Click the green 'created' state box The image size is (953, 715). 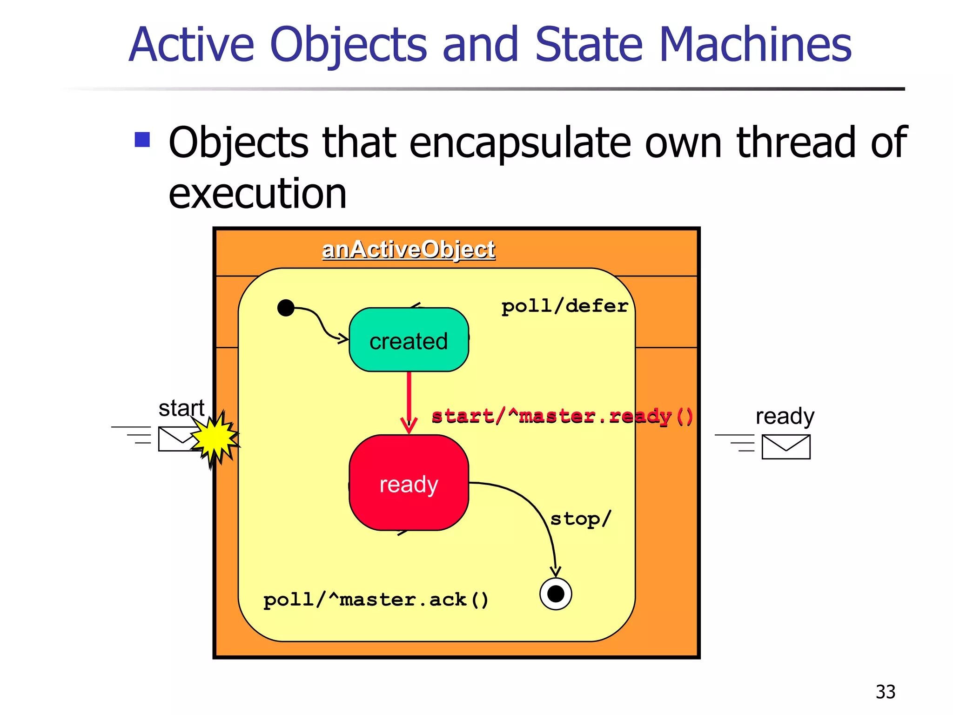pyautogui.click(x=409, y=340)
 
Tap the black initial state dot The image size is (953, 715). pyautogui.click(x=286, y=308)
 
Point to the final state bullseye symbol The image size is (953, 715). pyautogui.click(x=556, y=594)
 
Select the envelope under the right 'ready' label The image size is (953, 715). pyautogui.click(x=786, y=447)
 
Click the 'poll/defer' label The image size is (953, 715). pyautogui.click(x=564, y=306)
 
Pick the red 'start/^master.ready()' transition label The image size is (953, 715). pyautogui.click(x=562, y=416)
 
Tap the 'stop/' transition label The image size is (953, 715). pyautogui.click(x=580, y=519)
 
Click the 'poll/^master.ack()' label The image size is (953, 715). pyautogui.click(x=376, y=600)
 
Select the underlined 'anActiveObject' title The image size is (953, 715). pyautogui.click(x=409, y=250)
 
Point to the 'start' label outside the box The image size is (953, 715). pyautogui.click(x=181, y=408)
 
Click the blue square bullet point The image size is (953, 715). pyautogui.click(x=142, y=140)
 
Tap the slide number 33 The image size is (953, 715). pyautogui.click(x=885, y=692)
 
